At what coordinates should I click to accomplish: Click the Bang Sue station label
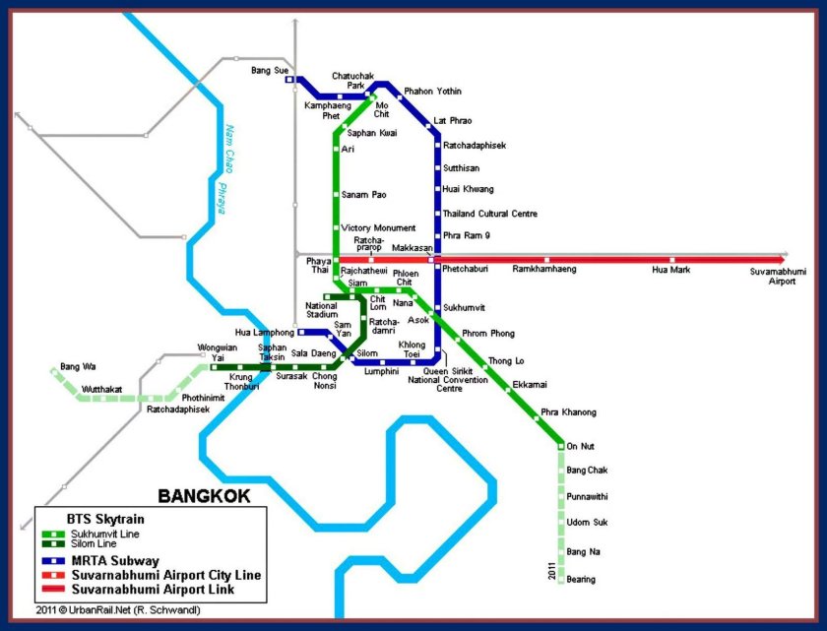click(268, 71)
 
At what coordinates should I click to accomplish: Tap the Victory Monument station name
click(378, 228)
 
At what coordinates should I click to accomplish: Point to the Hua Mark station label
click(672, 269)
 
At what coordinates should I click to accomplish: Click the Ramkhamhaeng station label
click(544, 269)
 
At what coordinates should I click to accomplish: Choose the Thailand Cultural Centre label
click(489, 214)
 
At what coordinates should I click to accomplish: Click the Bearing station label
click(581, 580)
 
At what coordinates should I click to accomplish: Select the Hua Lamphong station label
click(265, 333)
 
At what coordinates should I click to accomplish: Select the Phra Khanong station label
click(568, 411)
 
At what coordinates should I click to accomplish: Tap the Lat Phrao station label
click(453, 121)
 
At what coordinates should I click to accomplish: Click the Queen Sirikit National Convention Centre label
click(449, 380)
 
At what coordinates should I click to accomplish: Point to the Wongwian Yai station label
click(218, 351)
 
